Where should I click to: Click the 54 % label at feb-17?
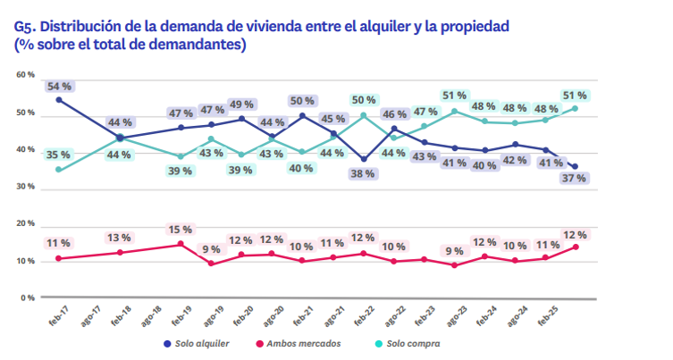click(x=59, y=86)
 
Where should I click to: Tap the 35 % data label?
click(x=59, y=154)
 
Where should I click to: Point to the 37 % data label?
click(x=575, y=179)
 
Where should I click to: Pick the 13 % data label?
click(x=120, y=238)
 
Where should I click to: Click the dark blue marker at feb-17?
click(x=59, y=100)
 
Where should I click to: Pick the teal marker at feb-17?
click(x=59, y=169)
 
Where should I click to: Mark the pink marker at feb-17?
click(x=59, y=258)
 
